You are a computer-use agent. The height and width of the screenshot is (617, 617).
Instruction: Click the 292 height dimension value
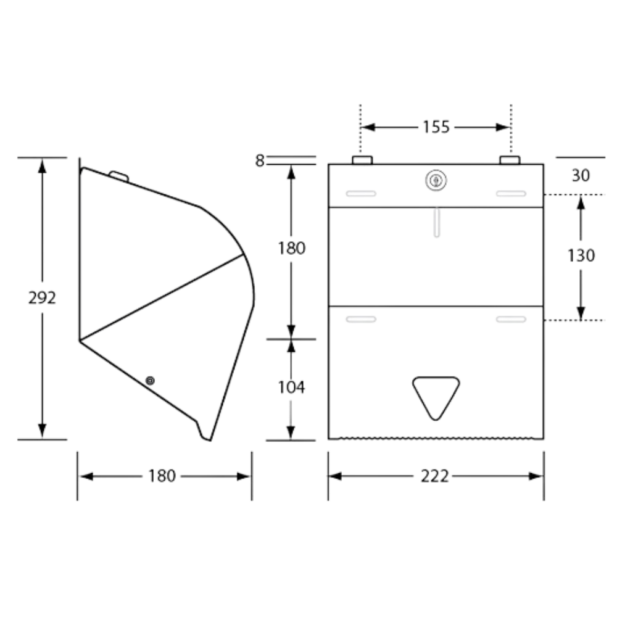click(42, 297)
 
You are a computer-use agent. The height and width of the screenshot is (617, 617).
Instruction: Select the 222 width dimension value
click(434, 476)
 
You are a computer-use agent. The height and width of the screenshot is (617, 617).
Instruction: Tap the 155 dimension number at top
click(436, 127)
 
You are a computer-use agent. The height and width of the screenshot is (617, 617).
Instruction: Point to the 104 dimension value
click(291, 387)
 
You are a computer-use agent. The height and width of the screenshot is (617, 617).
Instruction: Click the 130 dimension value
click(581, 254)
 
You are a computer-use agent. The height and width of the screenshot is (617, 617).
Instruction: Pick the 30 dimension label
click(581, 175)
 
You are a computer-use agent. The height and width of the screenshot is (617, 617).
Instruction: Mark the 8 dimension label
click(259, 160)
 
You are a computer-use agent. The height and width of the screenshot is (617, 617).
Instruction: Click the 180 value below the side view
click(162, 476)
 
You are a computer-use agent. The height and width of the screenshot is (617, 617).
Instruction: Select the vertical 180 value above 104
click(291, 248)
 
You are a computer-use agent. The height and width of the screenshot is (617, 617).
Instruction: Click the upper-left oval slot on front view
click(361, 193)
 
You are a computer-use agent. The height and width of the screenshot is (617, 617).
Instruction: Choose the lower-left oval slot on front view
click(361, 319)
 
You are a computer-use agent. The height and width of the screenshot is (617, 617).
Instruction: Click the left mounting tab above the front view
click(362, 160)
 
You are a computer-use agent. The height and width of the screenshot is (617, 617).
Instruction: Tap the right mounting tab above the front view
click(510, 160)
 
